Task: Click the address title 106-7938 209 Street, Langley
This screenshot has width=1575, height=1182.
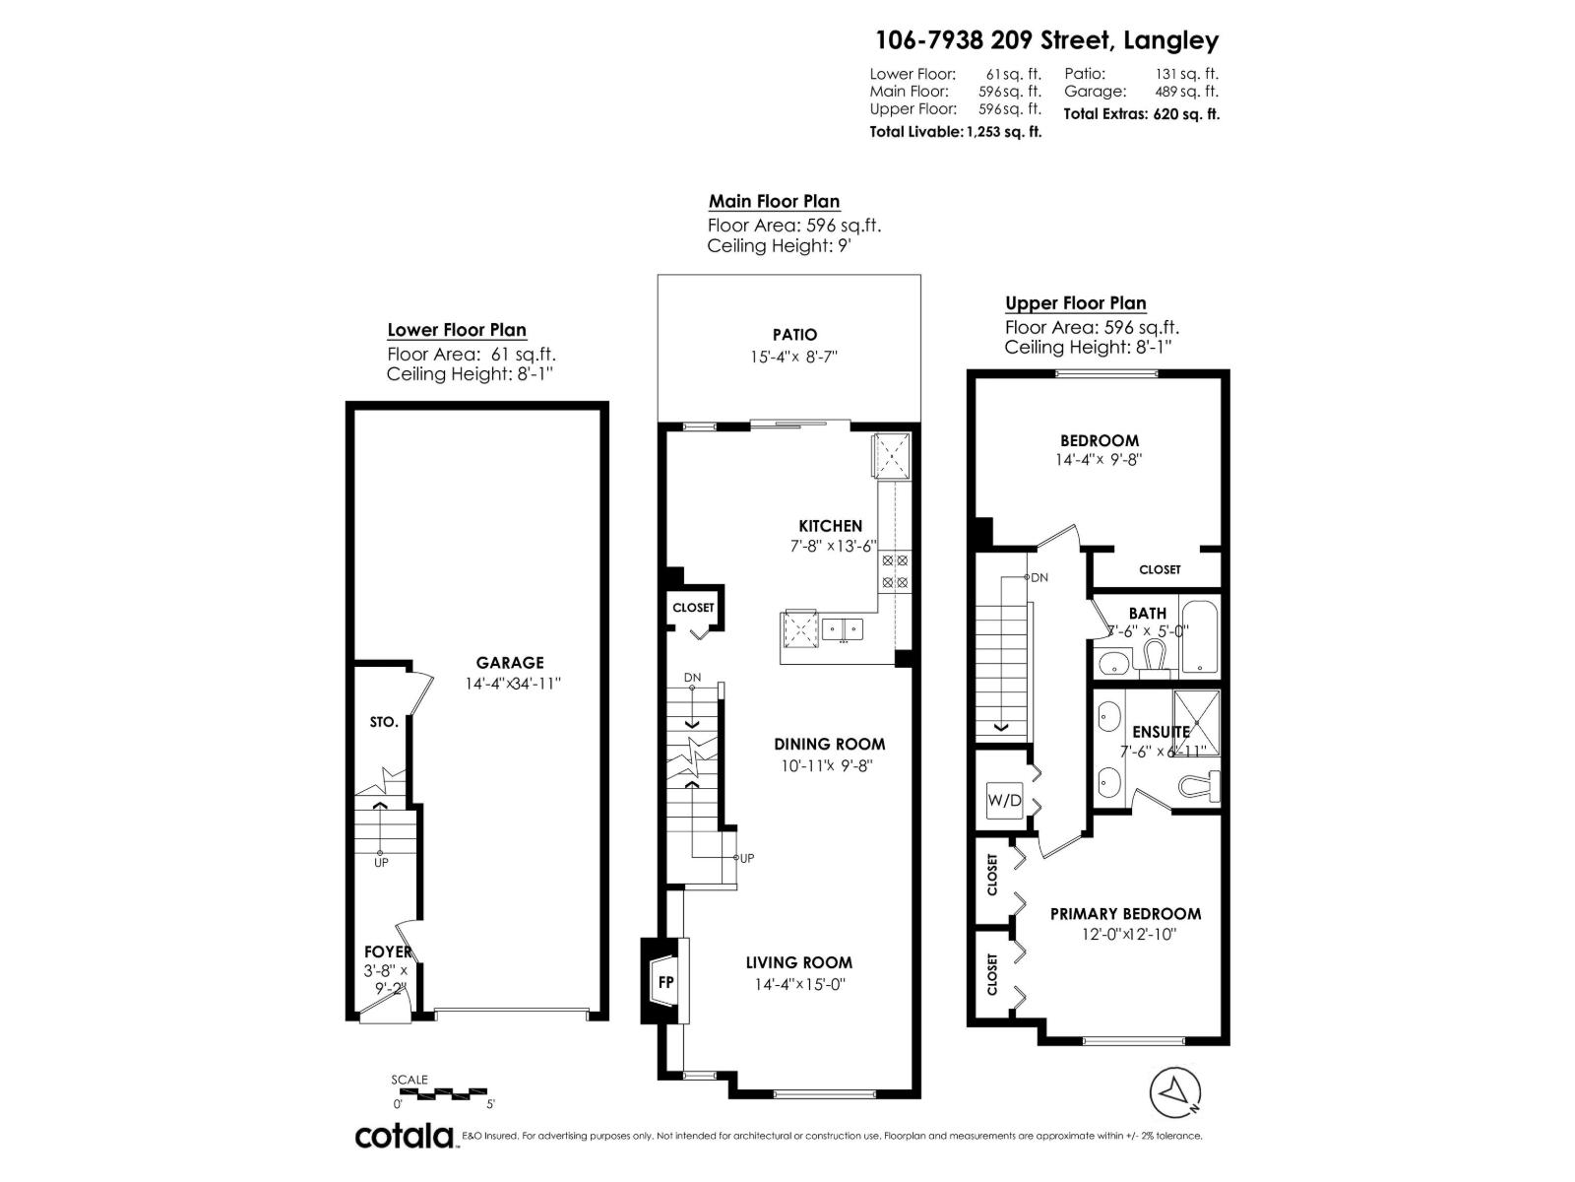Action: point(1047,40)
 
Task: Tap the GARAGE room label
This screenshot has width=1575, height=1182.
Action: point(510,663)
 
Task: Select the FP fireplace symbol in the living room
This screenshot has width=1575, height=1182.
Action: point(666,982)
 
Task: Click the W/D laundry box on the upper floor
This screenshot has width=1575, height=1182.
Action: point(1004,800)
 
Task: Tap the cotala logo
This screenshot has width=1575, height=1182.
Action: point(405,1136)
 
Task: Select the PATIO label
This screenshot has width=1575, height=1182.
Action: point(794,335)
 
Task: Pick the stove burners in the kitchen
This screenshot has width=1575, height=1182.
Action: point(895,571)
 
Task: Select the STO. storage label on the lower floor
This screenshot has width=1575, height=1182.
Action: point(384,722)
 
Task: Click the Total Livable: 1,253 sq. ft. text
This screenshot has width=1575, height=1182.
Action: point(955,132)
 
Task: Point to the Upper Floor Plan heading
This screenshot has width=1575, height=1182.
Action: point(1075,303)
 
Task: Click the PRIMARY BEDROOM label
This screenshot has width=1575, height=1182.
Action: point(1125,914)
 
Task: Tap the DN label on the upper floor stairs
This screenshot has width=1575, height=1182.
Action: point(1039,578)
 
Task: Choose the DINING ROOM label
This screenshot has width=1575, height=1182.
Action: point(829,745)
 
